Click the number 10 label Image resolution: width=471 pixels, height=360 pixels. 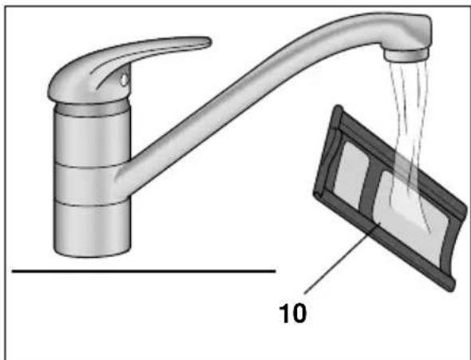point(293,313)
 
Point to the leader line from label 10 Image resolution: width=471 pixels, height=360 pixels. point(342,258)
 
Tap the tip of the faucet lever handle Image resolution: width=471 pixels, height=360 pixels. point(210,42)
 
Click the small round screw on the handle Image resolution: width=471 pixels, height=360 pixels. point(124,80)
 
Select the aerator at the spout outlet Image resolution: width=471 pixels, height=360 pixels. point(406,55)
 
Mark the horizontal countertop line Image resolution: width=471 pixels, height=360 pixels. point(144,271)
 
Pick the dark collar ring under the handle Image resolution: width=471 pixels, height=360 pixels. point(93,109)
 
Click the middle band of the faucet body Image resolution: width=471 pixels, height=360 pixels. point(87,184)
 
